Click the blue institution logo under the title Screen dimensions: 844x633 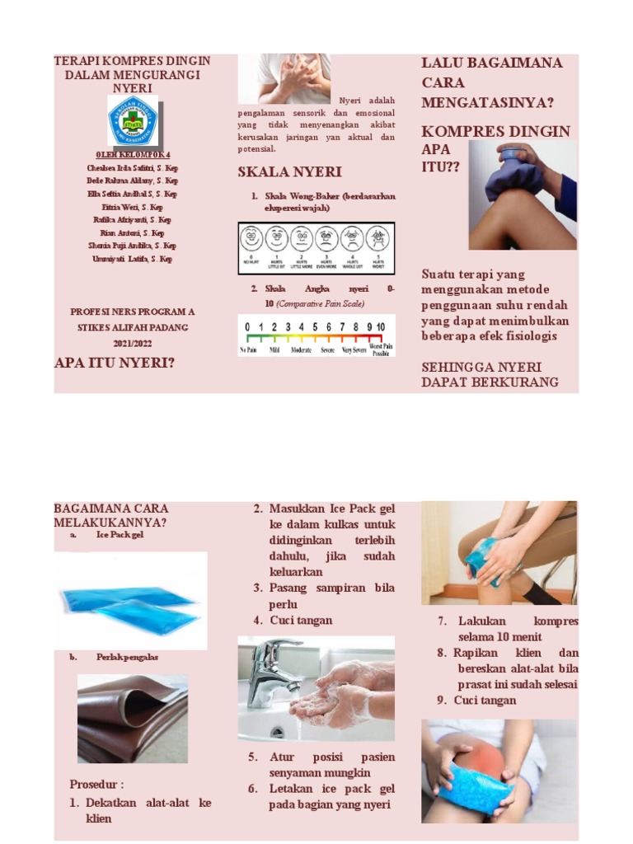tap(132, 120)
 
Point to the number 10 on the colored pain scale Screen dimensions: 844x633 tap(380, 327)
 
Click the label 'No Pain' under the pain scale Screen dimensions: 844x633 tap(249, 350)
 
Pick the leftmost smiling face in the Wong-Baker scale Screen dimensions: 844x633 tap(251, 239)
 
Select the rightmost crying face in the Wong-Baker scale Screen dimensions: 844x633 tap(377, 239)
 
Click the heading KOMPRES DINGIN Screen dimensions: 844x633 tap(495, 132)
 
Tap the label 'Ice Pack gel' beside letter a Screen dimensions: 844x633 tap(120, 535)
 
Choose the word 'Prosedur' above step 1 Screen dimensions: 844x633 tap(97, 784)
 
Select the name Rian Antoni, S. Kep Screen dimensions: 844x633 tap(132, 233)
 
